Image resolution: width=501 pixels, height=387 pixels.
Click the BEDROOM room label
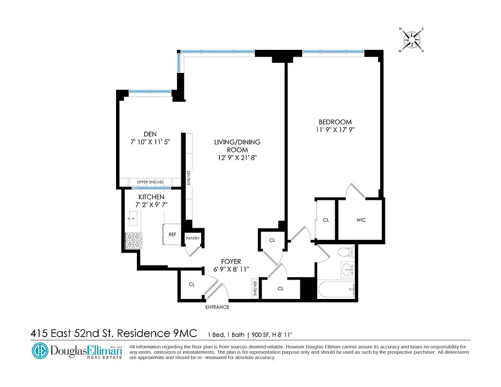[335, 122]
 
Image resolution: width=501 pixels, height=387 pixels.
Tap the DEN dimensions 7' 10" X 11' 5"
[150, 142]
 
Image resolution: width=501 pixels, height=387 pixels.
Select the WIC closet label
[361, 220]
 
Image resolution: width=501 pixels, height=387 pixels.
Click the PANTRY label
[193, 238]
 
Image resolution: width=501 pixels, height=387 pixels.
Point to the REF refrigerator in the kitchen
[172, 234]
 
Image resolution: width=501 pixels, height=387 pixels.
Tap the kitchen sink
[132, 219]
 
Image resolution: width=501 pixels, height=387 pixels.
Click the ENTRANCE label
[217, 307]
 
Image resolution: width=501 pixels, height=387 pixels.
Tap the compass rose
[412, 40]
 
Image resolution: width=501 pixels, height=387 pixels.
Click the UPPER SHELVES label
[150, 182]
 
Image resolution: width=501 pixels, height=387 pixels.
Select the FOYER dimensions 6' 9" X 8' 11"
[231, 269]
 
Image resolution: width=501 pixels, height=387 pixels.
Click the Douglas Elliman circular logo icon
[40, 351]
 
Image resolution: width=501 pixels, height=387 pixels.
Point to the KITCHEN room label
[151, 197]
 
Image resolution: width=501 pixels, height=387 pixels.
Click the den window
[149, 91]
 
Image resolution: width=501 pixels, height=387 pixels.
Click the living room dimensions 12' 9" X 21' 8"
[237, 158]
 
